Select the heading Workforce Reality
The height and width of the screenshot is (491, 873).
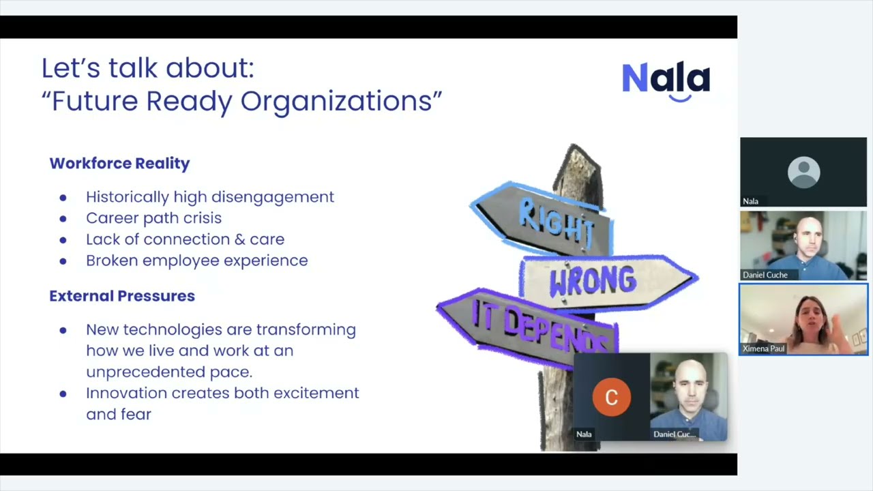[119, 164]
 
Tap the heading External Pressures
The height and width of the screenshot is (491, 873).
[122, 296]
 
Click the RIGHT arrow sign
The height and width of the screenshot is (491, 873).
[546, 218]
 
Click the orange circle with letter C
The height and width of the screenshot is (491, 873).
[611, 397]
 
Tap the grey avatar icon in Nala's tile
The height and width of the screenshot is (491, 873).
[803, 172]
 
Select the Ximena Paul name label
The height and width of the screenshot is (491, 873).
[763, 348]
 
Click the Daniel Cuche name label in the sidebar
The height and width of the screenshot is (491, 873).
[765, 275]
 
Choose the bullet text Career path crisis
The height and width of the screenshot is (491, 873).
[153, 218]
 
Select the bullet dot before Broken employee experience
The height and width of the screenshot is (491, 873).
[63, 261]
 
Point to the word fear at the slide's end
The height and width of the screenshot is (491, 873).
[137, 415]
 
